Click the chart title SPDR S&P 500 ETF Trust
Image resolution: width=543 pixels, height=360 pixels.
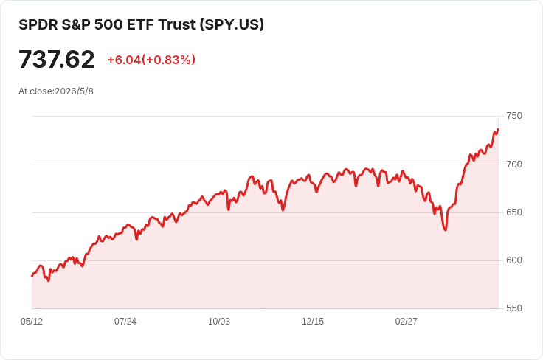click(x=107, y=24)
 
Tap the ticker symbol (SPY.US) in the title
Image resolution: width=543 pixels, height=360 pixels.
click(x=232, y=24)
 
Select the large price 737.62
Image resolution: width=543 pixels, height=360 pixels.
click(x=57, y=59)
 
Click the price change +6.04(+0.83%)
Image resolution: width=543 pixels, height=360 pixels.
click(x=151, y=60)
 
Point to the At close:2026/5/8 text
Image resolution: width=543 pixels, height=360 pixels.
click(x=56, y=91)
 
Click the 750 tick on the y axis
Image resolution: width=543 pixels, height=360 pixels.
click(x=514, y=116)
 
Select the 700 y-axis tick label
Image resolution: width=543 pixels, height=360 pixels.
click(x=514, y=165)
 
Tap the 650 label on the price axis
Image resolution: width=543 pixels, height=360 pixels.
click(x=514, y=212)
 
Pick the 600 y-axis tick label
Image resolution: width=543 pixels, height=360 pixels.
click(x=514, y=260)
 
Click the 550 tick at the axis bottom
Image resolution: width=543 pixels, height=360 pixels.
click(x=514, y=308)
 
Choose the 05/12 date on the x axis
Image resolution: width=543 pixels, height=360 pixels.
click(x=32, y=322)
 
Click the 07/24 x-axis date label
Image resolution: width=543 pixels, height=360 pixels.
click(x=125, y=322)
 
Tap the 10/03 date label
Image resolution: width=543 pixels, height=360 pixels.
click(x=219, y=322)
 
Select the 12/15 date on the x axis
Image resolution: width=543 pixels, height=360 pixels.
click(x=313, y=322)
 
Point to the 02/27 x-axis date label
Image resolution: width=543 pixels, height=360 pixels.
click(x=407, y=322)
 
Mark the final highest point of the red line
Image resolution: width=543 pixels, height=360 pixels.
click(x=498, y=129)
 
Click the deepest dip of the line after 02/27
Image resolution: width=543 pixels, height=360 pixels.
click(x=446, y=230)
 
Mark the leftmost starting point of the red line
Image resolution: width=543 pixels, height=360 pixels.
click(x=32, y=276)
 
